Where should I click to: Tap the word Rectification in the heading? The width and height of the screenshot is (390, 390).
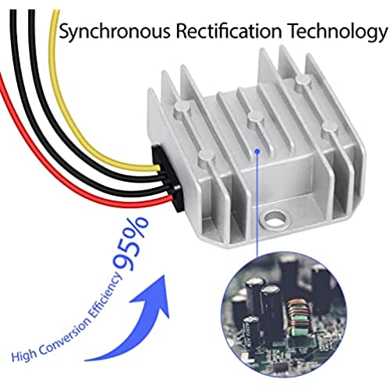tap(229, 30)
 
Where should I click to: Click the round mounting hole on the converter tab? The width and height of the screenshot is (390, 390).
tap(275, 218)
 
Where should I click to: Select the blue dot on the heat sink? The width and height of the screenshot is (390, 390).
tap(257, 151)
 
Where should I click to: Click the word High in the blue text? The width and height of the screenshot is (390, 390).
tap(23, 354)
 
